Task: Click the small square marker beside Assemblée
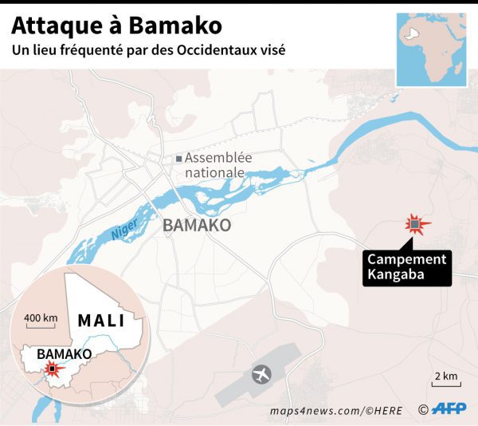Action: coord(178,159)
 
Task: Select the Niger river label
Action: coord(124,231)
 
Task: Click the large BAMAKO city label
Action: coord(197,226)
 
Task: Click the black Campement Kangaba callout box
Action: coord(406,267)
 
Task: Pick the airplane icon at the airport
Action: coord(261,373)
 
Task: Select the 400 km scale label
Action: coord(41,319)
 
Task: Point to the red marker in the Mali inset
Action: coord(52,369)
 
